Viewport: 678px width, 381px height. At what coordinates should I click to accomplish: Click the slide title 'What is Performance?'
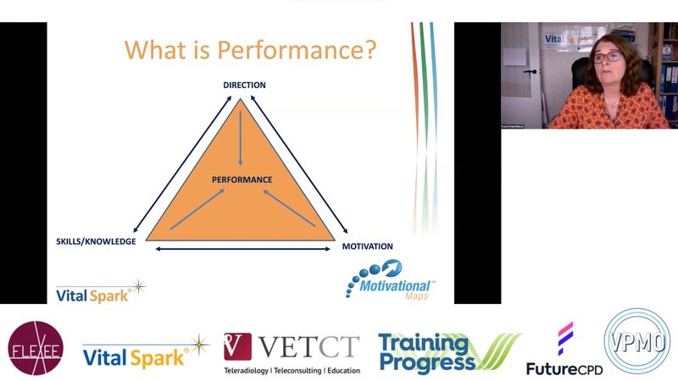pos(250,48)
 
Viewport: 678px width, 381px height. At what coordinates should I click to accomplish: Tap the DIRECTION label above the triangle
pos(244,85)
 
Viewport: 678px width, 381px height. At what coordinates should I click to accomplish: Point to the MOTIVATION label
pos(367,246)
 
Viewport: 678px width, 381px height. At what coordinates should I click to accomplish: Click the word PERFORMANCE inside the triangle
pos(242,179)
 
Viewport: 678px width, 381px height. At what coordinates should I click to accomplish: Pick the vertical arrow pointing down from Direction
pos(241,135)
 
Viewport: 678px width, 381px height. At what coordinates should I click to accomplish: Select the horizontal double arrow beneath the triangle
pos(241,249)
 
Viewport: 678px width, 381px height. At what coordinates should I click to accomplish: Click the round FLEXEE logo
pos(36,349)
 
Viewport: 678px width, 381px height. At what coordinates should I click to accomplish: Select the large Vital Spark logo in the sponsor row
pos(145,350)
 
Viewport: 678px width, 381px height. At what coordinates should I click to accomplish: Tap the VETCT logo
pos(292,346)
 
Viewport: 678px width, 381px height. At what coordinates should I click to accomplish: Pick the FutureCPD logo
pos(563,350)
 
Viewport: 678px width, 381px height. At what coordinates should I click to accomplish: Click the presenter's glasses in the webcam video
pos(607,58)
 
